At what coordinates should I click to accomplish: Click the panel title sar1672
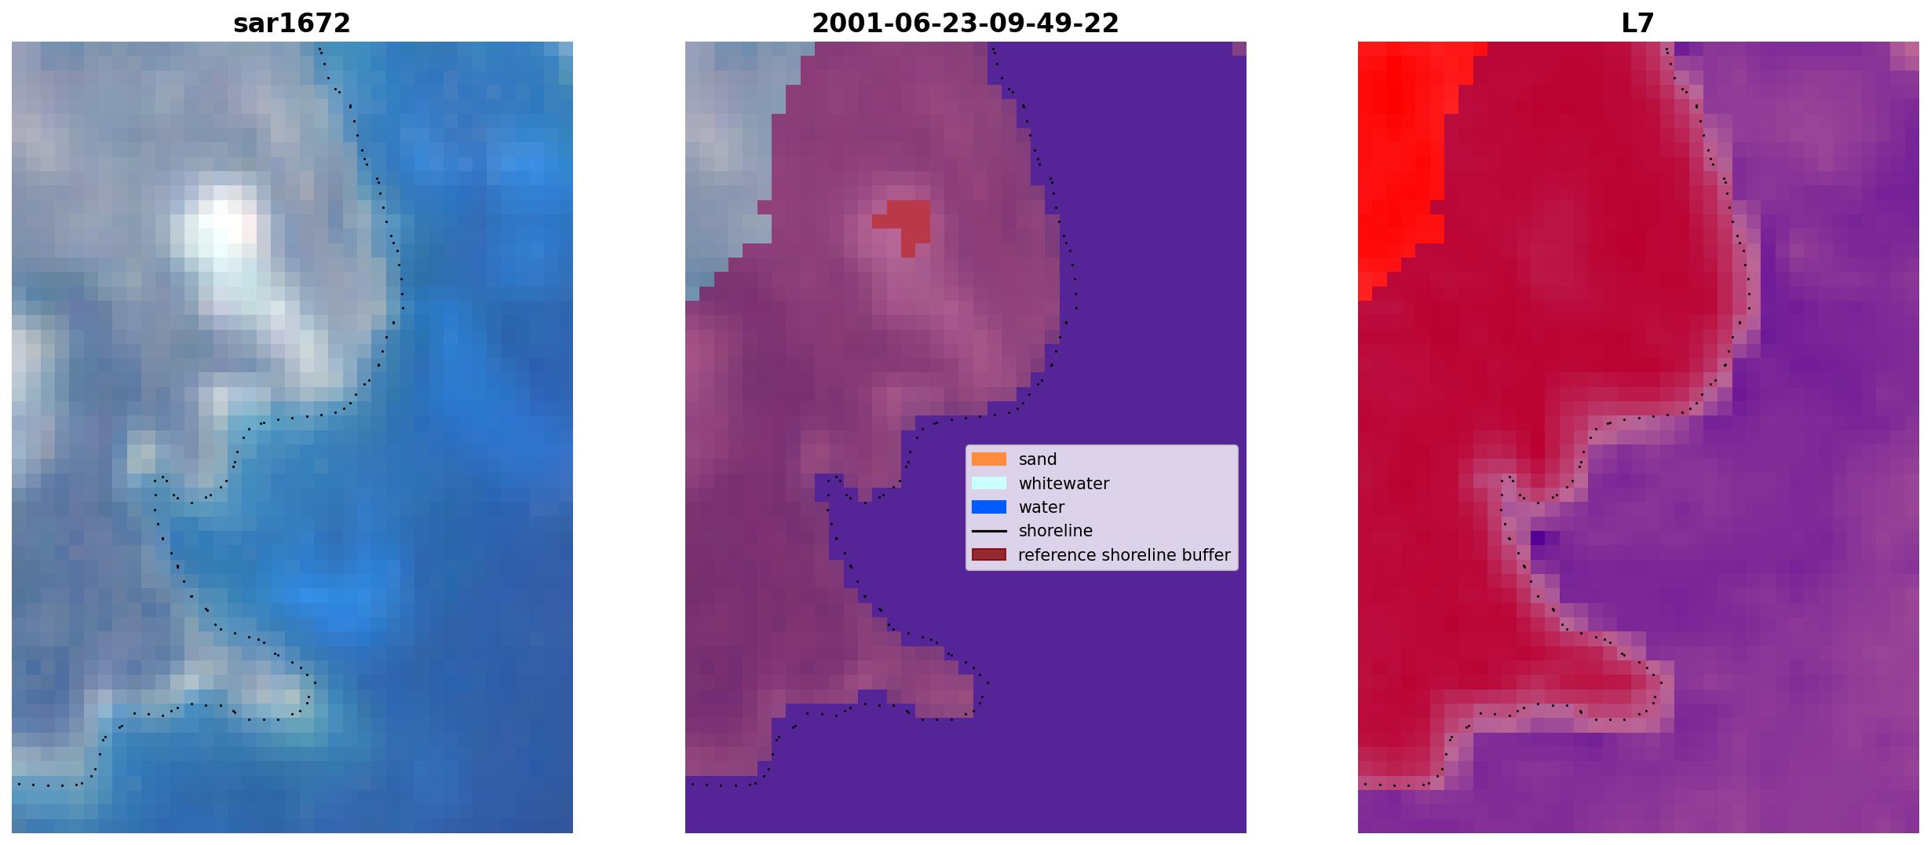[x=292, y=24]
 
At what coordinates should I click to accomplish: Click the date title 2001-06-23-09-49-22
[x=965, y=24]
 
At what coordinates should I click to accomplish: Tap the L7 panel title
[x=1638, y=24]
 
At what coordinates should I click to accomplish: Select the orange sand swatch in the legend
[x=989, y=459]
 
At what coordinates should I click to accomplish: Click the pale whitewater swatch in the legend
[x=989, y=483]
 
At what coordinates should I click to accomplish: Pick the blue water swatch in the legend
[x=989, y=507]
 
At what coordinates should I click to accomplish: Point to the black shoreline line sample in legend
[x=989, y=531]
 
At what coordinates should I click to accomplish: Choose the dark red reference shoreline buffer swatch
[x=989, y=555]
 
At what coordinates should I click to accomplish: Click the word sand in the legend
[x=1038, y=459]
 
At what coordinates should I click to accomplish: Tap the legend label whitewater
[x=1064, y=484]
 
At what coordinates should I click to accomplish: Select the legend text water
[x=1042, y=507]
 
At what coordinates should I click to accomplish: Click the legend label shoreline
[x=1056, y=531]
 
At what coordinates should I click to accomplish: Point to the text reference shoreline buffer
[x=1124, y=555]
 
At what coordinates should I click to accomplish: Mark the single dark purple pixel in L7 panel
[x=1538, y=538]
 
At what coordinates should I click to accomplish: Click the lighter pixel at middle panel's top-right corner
[x=1239, y=49]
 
